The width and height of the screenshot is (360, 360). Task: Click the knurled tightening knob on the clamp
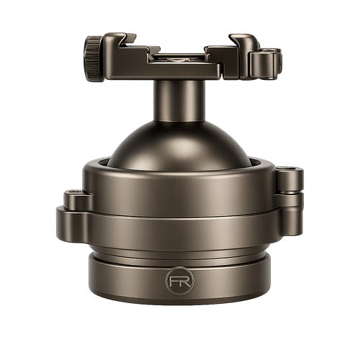(94, 58)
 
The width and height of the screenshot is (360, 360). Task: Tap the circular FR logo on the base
(179, 281)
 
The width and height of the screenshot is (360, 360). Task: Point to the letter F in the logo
(174, 281)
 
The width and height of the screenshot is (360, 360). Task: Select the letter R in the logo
(185, 281)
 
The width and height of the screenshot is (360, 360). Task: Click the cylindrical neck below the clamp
(179, 101)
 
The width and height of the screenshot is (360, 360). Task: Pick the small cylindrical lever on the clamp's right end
(266, 64)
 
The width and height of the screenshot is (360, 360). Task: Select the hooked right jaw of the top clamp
(243, 40)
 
